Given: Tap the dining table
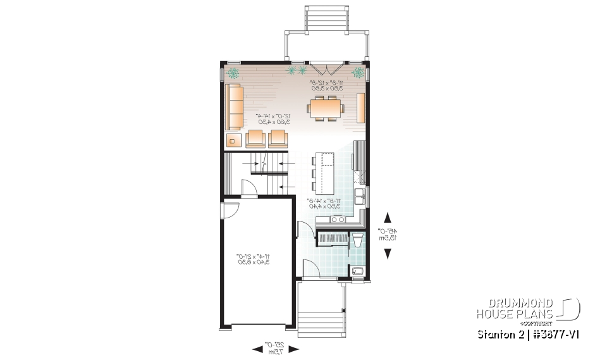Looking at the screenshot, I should click(325, 108).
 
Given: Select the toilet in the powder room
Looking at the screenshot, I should click(357, 241).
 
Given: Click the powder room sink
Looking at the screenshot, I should click(357, 272).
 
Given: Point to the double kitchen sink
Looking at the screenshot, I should click(360, 197).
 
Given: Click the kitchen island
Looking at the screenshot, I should click(326, 171).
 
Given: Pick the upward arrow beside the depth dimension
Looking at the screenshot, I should click(387, 216).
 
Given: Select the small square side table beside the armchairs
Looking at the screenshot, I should click(234, 139).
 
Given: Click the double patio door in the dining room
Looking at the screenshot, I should click(325, 68).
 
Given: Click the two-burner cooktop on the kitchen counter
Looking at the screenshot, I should click(336, 220).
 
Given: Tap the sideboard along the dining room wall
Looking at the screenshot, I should click(362, 108).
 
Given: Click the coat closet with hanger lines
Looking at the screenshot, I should click(332, 239).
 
